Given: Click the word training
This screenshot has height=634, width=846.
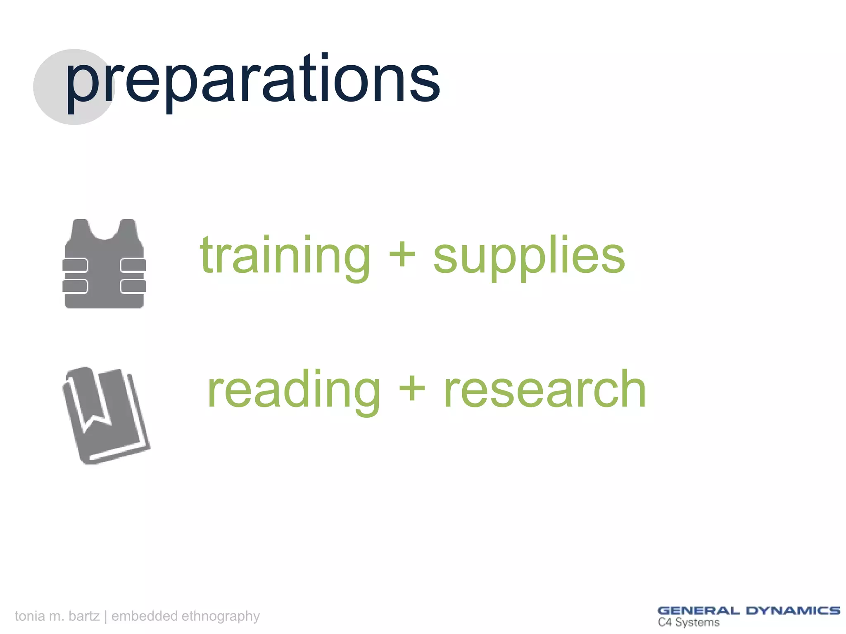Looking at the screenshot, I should (285, 256).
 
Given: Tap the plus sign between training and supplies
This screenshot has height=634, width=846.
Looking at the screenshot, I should (402, 254).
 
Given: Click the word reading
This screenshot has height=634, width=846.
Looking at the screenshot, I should (293, 390).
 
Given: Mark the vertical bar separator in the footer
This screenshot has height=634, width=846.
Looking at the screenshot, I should (106, 616).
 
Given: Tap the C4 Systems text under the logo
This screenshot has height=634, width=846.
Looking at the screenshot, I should (689, 622).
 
